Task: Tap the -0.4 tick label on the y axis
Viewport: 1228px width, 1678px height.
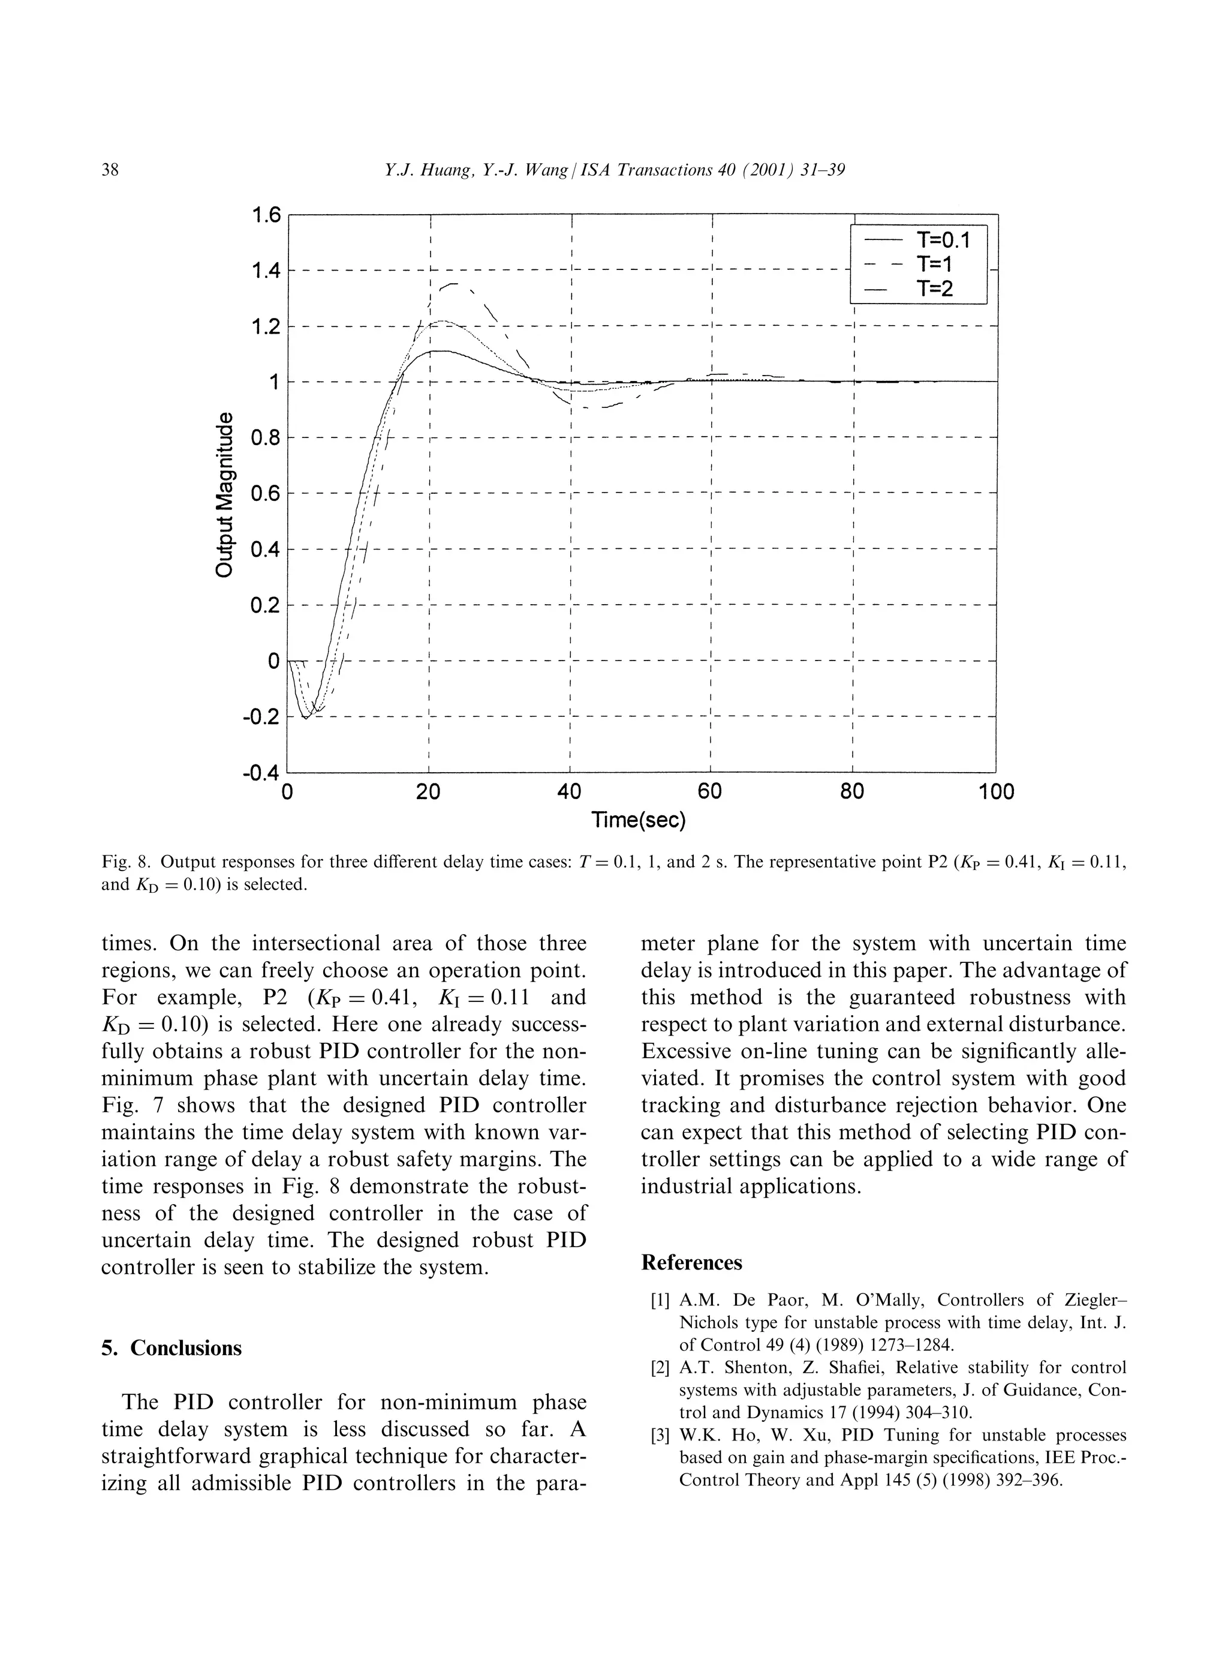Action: pyautogui.click(x=260, y=773)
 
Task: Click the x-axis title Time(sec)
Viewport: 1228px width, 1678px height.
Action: pyautogui.click(x=639, y=821)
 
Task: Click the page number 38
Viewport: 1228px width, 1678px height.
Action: pyautogui.click(x=110, y=170)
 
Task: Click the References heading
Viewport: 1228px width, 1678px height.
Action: pyautogui.click(x=691, y=1263)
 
